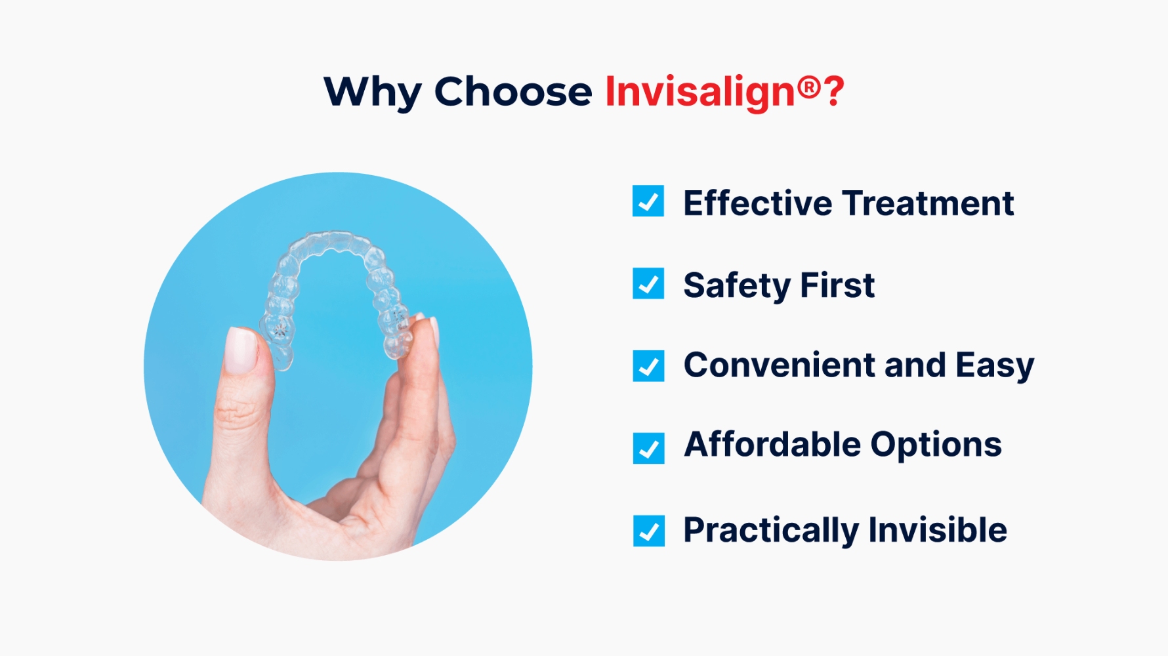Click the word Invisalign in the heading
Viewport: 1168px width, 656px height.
tap(699, 92)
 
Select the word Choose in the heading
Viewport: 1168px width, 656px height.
tap(512, 92)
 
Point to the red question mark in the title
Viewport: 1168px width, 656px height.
tap(834, 92)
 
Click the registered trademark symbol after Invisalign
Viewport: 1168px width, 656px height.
tap(809, 87)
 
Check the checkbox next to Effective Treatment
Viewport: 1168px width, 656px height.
tap(648, 201)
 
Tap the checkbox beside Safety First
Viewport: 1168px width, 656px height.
tap(648, 283)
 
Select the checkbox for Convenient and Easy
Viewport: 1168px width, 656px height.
tap(648, 366)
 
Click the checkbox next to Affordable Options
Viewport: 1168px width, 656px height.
tap(648, 448)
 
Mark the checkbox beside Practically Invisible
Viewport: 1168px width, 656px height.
tap(648, 531)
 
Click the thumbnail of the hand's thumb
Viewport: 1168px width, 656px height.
tap(240, 350)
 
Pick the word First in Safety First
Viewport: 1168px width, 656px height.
tap(837, 286)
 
